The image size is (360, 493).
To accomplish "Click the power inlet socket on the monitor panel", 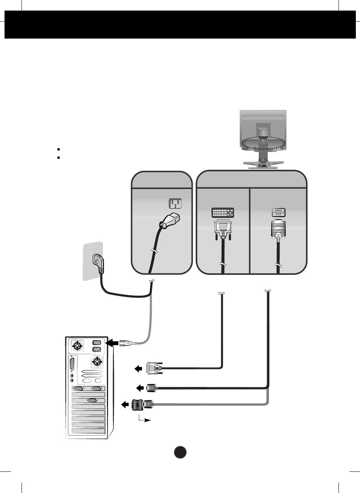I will point(175,204).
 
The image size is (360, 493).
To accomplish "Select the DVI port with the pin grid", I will point(222,212).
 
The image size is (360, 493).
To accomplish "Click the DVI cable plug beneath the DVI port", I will point(223,230).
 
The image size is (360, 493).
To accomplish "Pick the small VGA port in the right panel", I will point(278,212).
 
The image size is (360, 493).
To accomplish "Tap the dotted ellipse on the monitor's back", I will point(263,143).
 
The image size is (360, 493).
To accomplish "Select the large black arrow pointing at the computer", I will point(112,343).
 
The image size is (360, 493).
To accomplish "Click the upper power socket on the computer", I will point(96,343).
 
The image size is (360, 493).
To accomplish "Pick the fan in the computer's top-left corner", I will point(77,346).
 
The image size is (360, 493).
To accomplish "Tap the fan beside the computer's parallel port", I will point(97,362).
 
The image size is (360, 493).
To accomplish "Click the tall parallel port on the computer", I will point(72,365).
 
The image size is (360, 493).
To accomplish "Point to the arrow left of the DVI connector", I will point(138,369).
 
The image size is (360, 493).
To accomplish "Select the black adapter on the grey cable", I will point(138,405).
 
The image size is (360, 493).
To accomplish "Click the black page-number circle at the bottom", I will point(180,452).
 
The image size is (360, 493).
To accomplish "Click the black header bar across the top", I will point(180,25).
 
